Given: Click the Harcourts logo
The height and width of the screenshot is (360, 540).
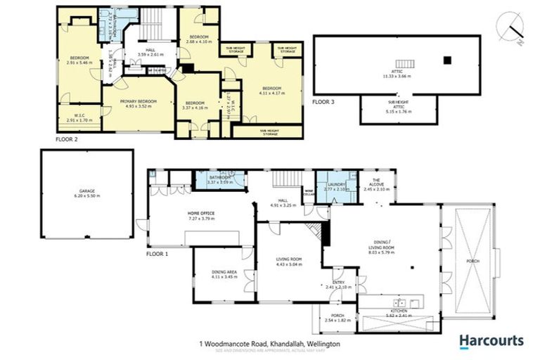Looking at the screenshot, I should (x=491, y=341).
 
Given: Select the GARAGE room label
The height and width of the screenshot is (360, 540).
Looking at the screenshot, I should (x=87, y=193).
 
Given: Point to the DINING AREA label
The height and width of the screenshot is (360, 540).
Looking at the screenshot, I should (x=226, y=274).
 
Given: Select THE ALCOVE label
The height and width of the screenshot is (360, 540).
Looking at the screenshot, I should (x=381, y=186).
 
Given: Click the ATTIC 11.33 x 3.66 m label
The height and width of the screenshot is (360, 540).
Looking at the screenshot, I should (x=397, y=73).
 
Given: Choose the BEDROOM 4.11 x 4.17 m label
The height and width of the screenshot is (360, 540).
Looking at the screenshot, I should (x=274, y=91).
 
